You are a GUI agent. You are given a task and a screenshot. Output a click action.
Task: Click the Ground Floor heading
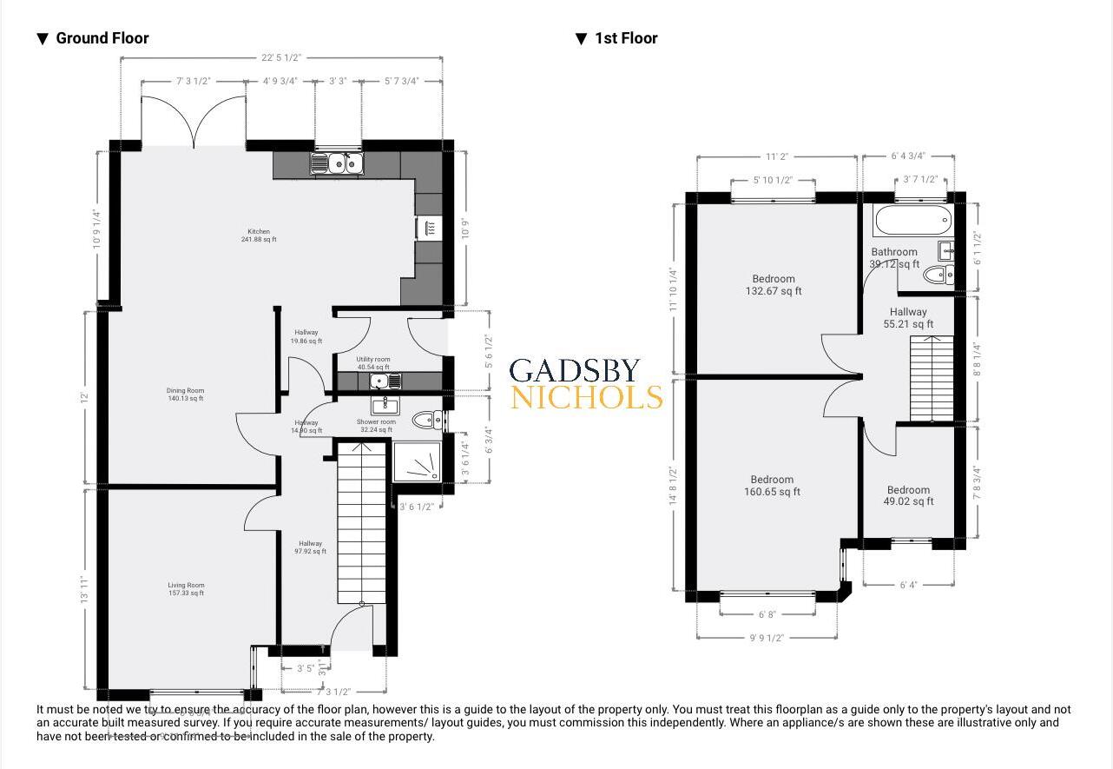coord(102,38)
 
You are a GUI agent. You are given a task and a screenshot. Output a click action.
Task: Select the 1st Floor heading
coord(625,38)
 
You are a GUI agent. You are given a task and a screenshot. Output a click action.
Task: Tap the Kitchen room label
coord(259,235)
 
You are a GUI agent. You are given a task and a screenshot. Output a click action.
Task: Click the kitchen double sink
coord(338,162)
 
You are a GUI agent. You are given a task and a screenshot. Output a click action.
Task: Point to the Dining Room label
coord(185,394)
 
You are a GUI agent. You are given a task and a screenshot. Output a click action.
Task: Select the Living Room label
coord(186,589)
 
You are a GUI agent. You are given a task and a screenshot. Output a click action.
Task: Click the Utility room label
coord(373,363)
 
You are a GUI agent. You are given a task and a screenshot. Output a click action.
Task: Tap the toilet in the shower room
coord(426,421)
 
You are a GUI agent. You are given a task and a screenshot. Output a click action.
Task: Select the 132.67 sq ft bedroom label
coord(773,285)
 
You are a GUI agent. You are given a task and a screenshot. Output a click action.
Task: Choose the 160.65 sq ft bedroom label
coord(772,486)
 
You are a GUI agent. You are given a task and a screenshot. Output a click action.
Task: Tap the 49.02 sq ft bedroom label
coord(908,495)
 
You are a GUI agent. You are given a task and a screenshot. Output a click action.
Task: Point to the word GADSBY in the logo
coord(575,371)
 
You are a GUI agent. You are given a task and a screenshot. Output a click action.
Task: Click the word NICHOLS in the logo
coord(586,398)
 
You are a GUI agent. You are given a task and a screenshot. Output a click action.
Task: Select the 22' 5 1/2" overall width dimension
coord(280,57)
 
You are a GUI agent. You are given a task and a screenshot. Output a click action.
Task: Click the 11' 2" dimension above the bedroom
coord(775,157)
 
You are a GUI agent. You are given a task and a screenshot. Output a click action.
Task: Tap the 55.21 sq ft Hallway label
coord(908,318)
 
